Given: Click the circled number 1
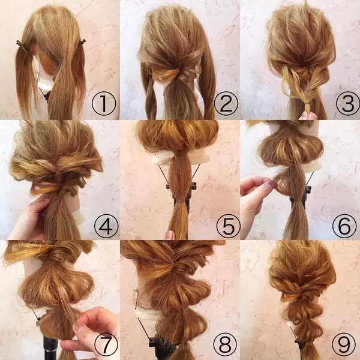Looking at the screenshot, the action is click(x=104, y=104).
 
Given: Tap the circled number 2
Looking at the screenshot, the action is click(x=226, y=104).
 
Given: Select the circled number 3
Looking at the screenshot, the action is click(x=347, y=104).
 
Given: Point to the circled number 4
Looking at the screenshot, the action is click(x=106, y=226).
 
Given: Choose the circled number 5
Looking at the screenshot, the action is click(x=228, y=226).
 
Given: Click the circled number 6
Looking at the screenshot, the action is click(x=344, y=226).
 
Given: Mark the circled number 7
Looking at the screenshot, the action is click(x=106, y=344).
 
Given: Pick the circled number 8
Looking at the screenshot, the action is click(x=225, y=344).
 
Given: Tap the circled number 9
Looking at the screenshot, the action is click(x=344, y=344).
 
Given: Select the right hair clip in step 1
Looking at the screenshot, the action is click(x=82, y=43).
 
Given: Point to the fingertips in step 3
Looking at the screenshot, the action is click(x=308, y=116).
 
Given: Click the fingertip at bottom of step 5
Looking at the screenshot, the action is click(x=170, y=235).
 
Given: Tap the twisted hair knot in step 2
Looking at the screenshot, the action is click(x=181, y=73).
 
